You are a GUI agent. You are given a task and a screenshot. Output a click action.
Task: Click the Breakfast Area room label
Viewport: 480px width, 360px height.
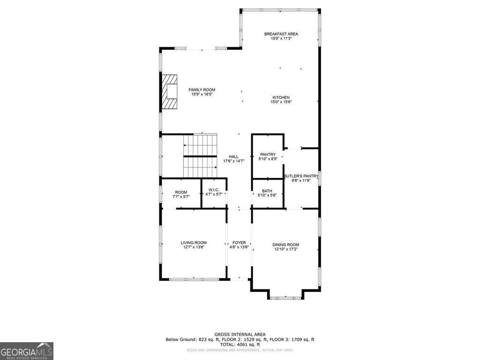281,34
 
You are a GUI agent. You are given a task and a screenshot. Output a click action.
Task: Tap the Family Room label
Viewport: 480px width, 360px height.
202,90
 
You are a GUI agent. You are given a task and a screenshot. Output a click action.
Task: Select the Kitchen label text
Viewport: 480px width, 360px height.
281,97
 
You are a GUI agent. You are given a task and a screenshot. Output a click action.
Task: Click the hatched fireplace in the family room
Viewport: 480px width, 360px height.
169,91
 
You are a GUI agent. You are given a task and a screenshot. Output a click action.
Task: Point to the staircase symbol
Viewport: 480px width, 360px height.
200,156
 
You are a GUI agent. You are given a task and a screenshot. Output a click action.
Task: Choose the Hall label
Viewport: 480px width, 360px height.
233,157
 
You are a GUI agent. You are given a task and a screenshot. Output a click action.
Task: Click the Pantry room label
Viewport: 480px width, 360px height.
268,154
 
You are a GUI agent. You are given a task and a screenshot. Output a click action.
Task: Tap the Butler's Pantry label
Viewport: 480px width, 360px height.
300,176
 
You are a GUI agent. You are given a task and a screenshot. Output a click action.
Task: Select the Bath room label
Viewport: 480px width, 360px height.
267,191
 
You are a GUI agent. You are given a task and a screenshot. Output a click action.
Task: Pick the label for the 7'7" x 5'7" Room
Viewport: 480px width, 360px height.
181,192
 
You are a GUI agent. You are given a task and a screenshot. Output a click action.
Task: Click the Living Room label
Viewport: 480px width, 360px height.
194,243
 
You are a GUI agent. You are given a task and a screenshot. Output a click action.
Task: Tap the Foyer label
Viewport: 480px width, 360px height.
239,243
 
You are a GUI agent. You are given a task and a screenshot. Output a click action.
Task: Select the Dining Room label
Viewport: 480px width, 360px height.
286,245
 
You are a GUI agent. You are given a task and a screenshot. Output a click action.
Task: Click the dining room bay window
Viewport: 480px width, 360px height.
286,297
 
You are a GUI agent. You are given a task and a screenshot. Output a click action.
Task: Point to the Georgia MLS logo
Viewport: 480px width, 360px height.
27,351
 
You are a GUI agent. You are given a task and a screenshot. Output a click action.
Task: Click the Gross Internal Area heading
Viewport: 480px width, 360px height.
240,335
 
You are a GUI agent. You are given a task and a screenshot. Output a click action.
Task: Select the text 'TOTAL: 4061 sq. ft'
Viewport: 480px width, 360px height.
240,344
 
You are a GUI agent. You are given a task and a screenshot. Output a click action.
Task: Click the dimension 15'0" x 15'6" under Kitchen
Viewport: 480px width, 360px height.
281,102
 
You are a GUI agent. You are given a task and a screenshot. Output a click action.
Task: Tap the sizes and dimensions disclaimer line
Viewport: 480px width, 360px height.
240,350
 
